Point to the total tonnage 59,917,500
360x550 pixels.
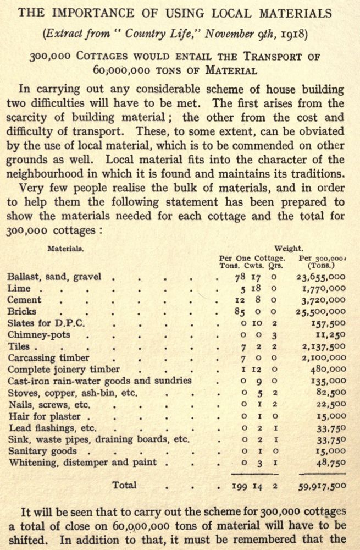pos(322,486)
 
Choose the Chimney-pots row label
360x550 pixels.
pos(38,334)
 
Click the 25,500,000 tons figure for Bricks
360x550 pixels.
pos(322,312)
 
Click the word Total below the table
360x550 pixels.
pos(124,485)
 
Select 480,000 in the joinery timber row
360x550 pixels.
pos(328,369)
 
